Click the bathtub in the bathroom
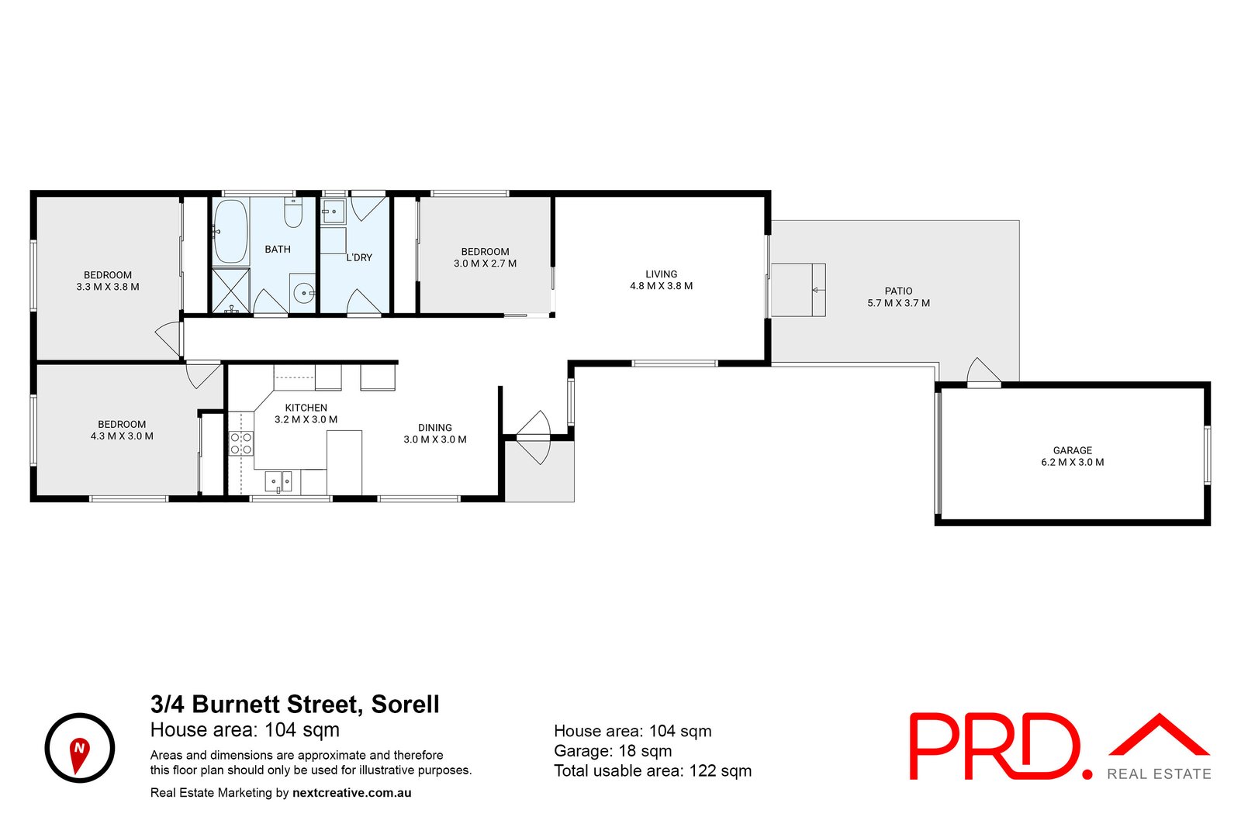[x=230, y=231]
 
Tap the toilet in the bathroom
[x=292, y=213]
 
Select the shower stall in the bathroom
[x=231, y=291]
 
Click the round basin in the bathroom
[x=303, y=293]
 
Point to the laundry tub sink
[x=334, y=210]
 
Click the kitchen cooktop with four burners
[x=241, y=443]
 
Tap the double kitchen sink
[x=278, y=481]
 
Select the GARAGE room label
[x=1072, y=450]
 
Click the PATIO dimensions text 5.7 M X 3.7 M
[x=898, y=303]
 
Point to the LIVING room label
[x=661, y=274]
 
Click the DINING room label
[x=434, y=428]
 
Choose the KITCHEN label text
[x=306, y=408]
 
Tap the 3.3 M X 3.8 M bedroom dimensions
[x=108, y=287]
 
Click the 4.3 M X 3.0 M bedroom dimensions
[x=122, y=436]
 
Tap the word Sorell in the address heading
[x=405, y=704]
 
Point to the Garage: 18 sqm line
[x=613, y=750]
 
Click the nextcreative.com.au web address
[x=351, y=793]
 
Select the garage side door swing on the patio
[x=983, y=371]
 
